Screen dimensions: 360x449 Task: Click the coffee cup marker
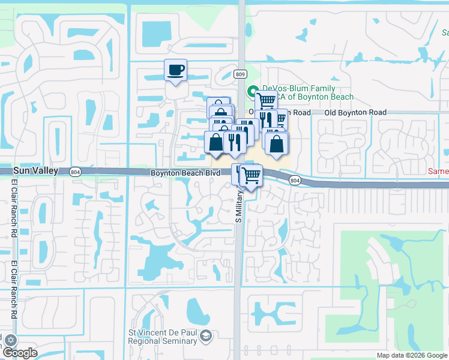[x=175, y=70]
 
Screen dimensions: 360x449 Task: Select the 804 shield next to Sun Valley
[x=75, y=171]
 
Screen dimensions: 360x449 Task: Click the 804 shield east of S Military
[x=294, y=180]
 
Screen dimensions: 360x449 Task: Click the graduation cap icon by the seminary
[x=206, y=335]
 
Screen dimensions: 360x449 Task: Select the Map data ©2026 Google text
[x=411, y=355]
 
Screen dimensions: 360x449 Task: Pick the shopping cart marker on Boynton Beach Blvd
[x=252, y=175]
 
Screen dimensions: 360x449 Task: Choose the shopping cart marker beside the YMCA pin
[x=266, y=100]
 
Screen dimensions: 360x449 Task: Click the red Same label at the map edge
[x=438, y=171]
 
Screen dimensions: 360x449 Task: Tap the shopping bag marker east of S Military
[x=276, y=143]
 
